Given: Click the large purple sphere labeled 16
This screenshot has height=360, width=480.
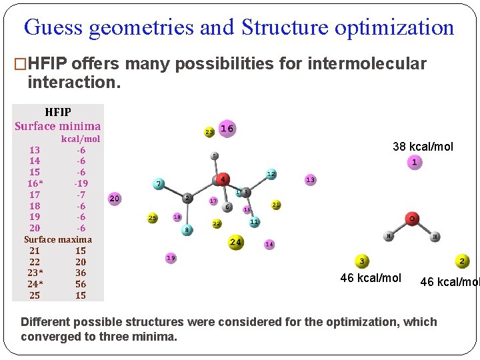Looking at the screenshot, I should (x=227, y=128).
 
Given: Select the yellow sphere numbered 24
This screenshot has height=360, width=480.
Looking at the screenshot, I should (x=236, y=242).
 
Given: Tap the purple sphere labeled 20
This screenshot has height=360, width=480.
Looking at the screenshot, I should (x=115, y=199).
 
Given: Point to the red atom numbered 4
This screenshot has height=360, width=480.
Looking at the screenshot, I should (x=222, y=179).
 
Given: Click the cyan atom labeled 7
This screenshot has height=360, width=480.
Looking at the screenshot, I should (x=159, y=183).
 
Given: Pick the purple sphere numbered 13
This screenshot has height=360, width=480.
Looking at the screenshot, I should (x=310, y=180).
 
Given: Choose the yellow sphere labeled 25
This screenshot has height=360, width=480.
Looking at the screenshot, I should (x=153, y=218).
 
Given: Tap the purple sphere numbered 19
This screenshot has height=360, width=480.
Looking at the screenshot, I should (x=171, y=257).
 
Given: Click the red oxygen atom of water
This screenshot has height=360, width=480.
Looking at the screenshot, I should (x=413, y=219).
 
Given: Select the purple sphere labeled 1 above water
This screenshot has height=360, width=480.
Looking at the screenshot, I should (x=415, y=162).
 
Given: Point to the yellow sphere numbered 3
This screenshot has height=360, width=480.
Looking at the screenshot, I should (x=362, y=262).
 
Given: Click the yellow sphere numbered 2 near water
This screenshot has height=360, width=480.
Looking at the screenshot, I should (x=462, y=262).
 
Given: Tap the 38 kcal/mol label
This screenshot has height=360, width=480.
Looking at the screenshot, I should (x=423, y=146).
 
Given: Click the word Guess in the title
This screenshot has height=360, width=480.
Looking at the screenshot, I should (x=53, y=27).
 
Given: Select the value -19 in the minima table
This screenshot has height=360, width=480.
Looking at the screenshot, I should (x=81, y=183).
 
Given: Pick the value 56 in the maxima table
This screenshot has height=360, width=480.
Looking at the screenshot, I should (x=81, y=284).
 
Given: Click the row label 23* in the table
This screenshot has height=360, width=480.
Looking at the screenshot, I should (x=35, y=273).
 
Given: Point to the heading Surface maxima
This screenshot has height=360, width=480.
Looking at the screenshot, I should (x=58, y=239).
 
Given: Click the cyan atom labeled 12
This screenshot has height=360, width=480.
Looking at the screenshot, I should (x=271, y=174).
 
